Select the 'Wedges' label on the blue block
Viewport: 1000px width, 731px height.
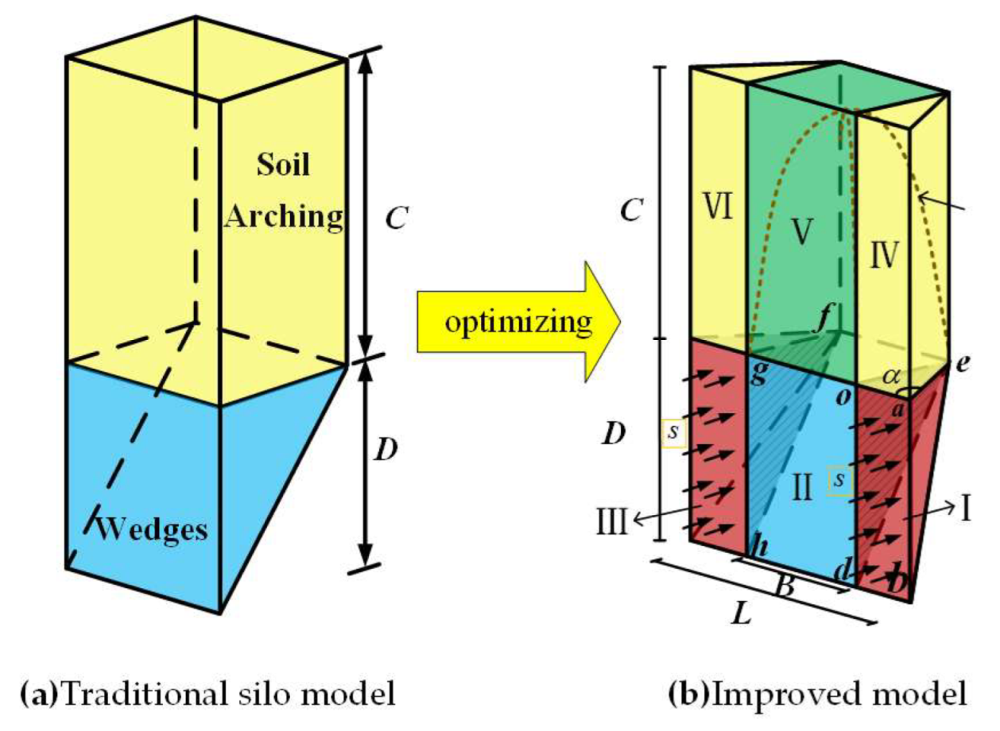pyautogui.click(x=151, y=528)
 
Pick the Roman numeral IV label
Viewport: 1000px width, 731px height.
pyautogui.click(x=882, y=255)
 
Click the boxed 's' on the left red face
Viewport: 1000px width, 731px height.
pyautogui.click(x=673, y=433)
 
